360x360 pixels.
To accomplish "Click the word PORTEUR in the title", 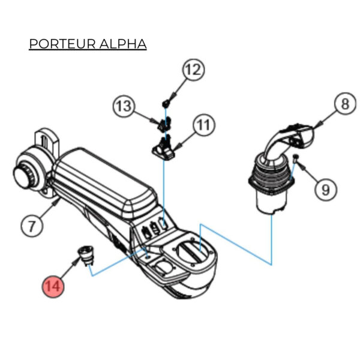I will pyautogui.click(x=58, y=45).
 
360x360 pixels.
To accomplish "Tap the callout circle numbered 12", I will pyautogui.click(x=193, y=70).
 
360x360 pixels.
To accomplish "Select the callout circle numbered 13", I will pyautogui.click(x=124, y=107).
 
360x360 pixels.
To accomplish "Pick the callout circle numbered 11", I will pyautogui.click(x=203, y=125).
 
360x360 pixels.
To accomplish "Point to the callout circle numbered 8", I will pyautogui.click(x=344, y=104).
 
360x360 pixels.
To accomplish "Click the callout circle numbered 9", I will pyautogui.click(x=325, y=190).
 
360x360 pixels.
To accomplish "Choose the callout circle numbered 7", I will pyautogui.click(x=32, y=226).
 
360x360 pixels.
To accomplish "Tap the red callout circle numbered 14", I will pyautogui.click(x=53, y=286).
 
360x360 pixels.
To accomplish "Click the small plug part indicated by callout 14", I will pyautogui.click(x=85, y=255).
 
